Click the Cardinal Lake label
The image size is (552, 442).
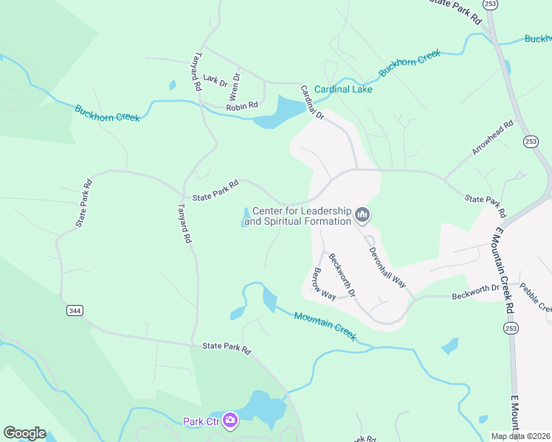(343, 89)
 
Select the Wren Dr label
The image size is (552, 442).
(235, 85)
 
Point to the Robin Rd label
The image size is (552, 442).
(241, 106)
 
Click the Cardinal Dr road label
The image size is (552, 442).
(311, 102)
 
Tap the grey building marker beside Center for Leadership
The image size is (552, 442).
(362, 215)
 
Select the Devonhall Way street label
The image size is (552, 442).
(387, 262)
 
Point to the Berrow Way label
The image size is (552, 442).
(324, 283)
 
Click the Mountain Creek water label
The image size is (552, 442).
(325, 326)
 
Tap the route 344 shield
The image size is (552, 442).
(75, 311)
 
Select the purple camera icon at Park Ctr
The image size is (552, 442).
(230, 421)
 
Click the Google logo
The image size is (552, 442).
(24, 433)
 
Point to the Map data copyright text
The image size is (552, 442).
(520, 436)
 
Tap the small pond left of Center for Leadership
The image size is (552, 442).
(245, 217)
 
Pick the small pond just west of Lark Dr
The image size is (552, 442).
(173, 85)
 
